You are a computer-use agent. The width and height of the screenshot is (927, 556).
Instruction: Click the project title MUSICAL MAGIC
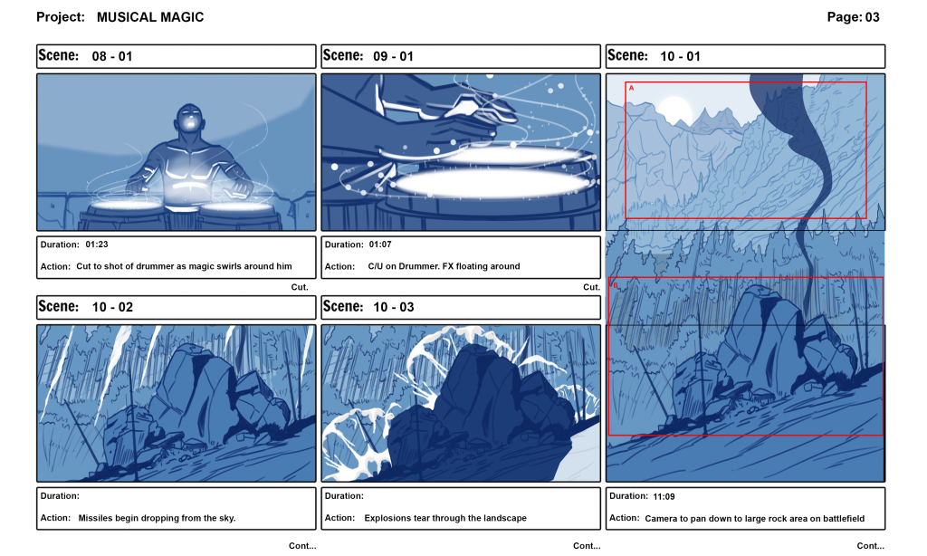click(150, 17)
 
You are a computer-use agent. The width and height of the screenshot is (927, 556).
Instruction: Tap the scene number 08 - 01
click(112, 56)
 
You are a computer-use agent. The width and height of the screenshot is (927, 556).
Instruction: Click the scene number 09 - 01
click(393, 56)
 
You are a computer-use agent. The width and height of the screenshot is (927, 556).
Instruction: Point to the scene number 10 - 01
click(680, 56)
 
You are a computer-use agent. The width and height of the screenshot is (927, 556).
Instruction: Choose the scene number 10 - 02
click(112, 307)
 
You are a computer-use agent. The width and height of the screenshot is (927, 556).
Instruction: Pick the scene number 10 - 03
click(394, 307)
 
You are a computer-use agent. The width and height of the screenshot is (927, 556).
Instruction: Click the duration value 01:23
click(97, 244)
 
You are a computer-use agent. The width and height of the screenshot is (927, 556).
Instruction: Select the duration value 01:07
click(381, 244)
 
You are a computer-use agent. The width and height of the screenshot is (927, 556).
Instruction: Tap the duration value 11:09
click(665, 496)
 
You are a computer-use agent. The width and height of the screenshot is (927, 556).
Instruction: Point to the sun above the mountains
click(675, 108)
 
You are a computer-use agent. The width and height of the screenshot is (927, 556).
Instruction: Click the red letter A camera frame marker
click(631, 88)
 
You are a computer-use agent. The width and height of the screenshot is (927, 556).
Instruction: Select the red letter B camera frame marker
click(616, 285)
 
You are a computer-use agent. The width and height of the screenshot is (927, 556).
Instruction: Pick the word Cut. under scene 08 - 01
click(300, 287)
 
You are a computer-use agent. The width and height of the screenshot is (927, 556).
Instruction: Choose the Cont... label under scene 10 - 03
click(587, 546)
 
